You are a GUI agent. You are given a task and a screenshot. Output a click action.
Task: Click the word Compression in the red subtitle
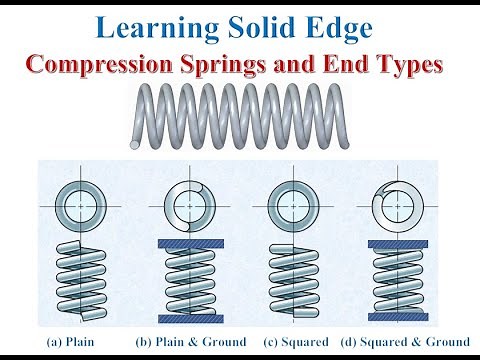click(x=99, y=66)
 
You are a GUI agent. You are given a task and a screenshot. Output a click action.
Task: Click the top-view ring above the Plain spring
click(x=79, y=208)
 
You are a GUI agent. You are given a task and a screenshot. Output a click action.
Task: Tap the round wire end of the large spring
click(x=135, y=144)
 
